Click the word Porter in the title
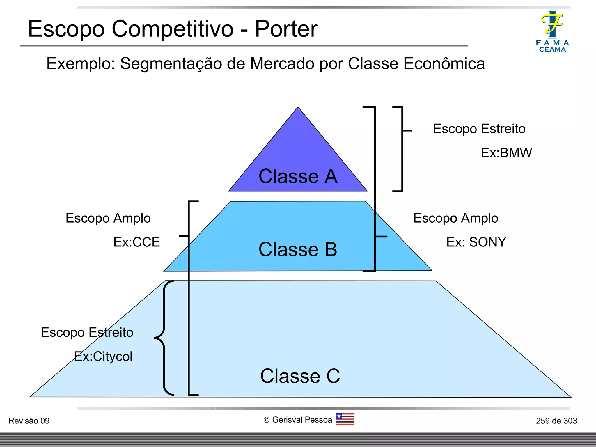tap(286, 29)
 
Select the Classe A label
tap(298, 176)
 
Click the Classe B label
tap(298, 249)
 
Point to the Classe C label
tap(300, 376)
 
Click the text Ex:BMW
tap(506, 153)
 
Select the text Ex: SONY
tap(476, 242)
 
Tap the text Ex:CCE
tap(136, 242)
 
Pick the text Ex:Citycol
tap(103, 356)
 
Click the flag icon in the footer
tap(345, 419)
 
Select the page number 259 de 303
tap(556, 421)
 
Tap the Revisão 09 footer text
tap(29, 421)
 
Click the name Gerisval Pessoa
tap(302, 420)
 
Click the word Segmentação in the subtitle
tap(171, 64)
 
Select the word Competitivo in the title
tap(172, 29)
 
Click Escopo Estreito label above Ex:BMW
tap(479, 129)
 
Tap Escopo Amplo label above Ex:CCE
tap(108, 218)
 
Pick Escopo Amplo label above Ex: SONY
tap(455, 218)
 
